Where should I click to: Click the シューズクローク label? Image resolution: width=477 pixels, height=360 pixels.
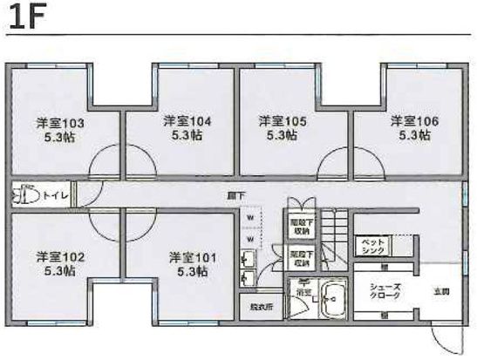tap(385, 292)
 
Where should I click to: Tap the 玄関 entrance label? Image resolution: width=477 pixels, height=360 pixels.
tap(442, 291)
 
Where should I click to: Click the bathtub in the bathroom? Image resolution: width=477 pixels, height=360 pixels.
tap(332, 297)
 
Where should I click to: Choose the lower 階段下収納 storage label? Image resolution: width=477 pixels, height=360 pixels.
tap(302, 258)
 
